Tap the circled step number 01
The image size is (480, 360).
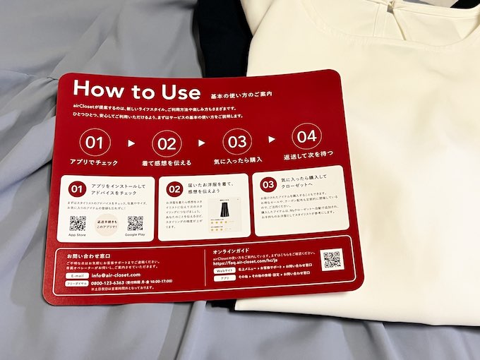[x=93, y=143]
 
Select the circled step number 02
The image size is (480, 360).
[x=167, y=143]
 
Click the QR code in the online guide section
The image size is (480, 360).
[x=332, y=259]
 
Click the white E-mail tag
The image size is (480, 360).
[x=77, y=274]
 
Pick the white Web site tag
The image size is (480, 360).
[x=224, y=268]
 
